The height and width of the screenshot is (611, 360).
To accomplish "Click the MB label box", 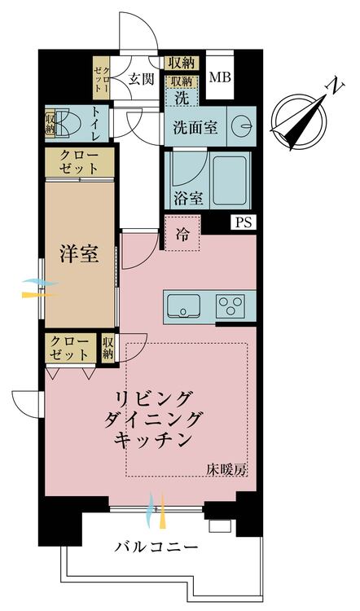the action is [220, 77].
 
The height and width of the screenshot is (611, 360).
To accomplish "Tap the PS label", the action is [244, 223].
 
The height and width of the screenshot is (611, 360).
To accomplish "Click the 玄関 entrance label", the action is [142, 79].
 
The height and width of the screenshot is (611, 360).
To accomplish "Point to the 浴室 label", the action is [188, 198].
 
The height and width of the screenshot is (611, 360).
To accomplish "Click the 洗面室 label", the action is [195, 127].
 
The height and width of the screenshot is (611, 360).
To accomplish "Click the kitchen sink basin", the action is [184, 305].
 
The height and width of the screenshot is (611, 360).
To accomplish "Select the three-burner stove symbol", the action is [230, 305].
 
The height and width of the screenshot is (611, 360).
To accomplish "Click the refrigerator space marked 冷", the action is [182, 234].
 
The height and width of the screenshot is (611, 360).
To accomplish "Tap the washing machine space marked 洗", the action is [182, 99].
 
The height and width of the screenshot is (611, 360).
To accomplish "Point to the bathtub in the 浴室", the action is [230, 180].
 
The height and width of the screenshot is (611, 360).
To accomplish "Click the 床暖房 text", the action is [226, 470].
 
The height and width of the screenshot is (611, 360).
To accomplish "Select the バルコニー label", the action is [156, 547].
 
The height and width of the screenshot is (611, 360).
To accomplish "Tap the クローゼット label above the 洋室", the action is [79, 162].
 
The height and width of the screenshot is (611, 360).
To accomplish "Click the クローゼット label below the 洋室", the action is [70, 348].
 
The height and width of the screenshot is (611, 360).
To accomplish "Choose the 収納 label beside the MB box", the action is [182, 63].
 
